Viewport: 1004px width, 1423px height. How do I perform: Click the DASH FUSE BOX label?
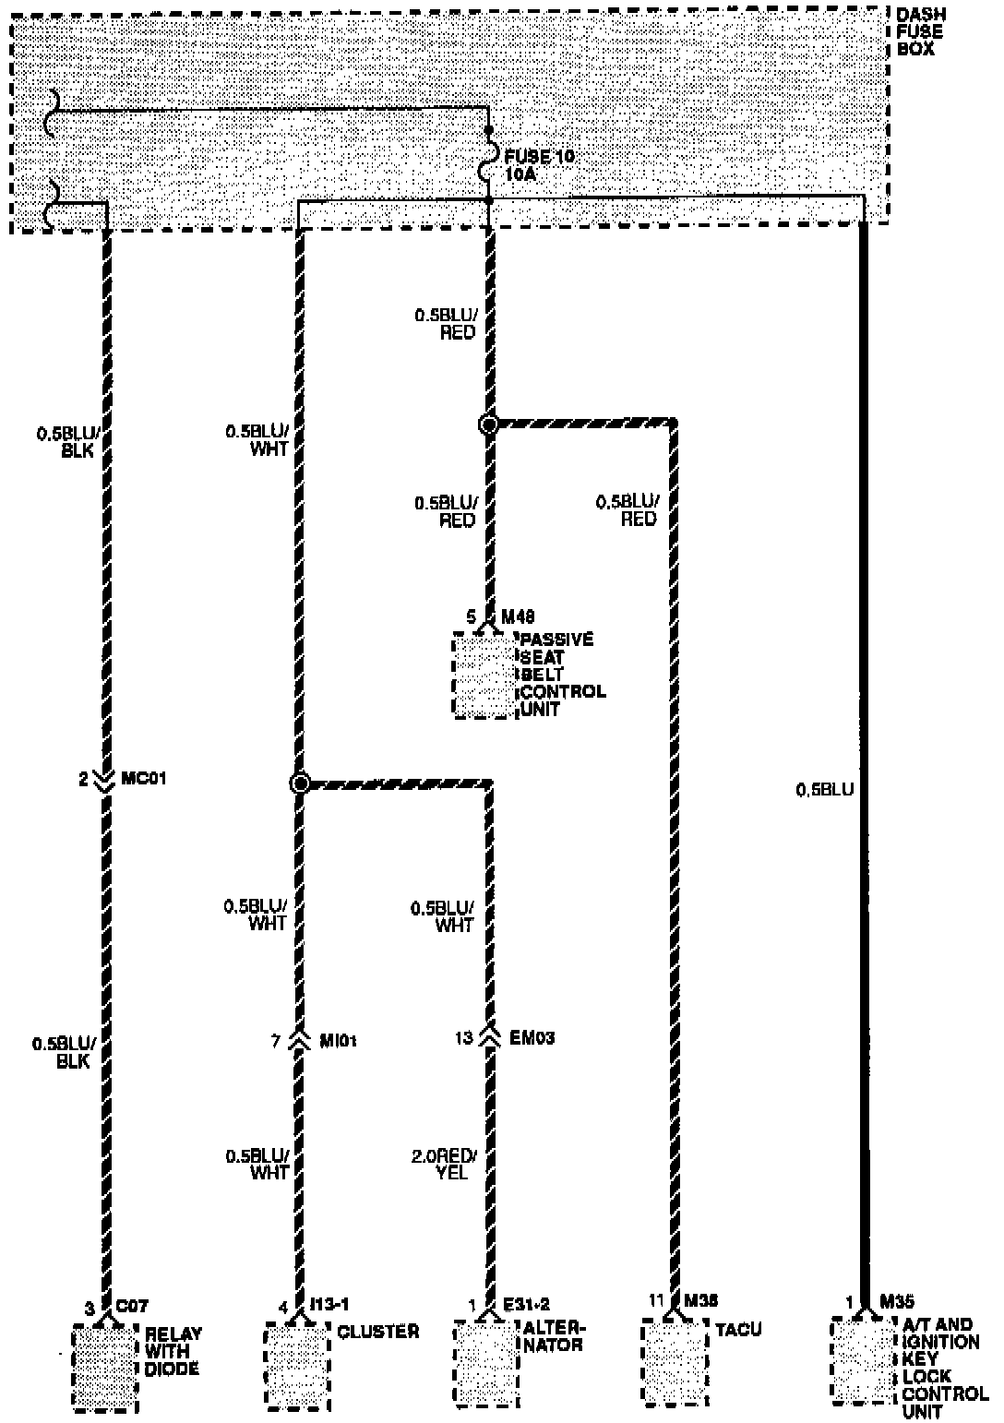920,31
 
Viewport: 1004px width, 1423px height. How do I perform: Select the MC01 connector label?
144,779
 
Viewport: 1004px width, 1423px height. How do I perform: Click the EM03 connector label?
532,1038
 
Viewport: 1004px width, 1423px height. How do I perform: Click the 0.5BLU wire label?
824,790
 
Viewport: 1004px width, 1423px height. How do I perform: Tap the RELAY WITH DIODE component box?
105,1369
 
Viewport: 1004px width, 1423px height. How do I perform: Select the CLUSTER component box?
296,1365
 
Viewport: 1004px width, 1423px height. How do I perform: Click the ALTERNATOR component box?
485,1361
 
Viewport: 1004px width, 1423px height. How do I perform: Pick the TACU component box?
675,1361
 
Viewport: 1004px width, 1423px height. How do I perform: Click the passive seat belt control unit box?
485,675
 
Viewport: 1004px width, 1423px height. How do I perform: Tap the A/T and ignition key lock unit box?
864,1360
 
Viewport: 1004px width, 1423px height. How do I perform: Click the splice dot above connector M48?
489,425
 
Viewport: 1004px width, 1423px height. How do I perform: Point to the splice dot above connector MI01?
299,783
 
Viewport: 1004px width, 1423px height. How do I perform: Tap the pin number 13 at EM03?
464,1038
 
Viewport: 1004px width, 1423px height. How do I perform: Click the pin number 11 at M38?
656,1300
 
